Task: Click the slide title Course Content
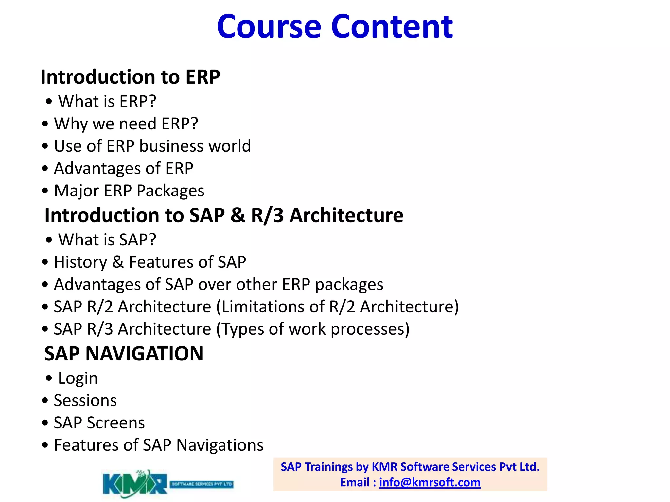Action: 334,27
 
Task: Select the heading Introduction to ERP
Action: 130,77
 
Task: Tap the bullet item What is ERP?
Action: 107,102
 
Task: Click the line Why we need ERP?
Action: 126,124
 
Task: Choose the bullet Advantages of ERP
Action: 123,169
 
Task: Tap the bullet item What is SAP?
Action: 107,240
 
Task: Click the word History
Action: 80,262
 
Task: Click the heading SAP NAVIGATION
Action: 124,354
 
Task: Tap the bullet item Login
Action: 78,378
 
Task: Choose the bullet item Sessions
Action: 85,401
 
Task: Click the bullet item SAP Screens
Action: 99,423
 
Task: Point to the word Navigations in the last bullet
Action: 220,445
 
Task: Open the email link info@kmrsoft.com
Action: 430,483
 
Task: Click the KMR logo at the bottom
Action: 135,484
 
